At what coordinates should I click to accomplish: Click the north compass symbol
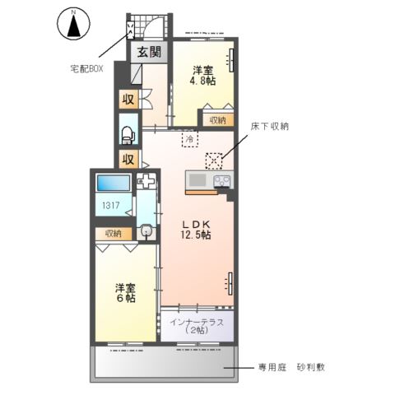(x=73, y=24)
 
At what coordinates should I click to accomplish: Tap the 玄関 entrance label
(x=149, y=53)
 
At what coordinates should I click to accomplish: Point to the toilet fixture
(x=128, y=132)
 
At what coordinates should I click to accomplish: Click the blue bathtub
(x=113, y=184)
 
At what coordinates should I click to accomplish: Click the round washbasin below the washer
(x=147, y=232)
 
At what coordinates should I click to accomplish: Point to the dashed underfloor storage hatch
(x=216, y=160)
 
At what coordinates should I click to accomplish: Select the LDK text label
(x=196, y=222)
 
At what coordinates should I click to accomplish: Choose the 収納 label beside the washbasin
(x=114, y=233)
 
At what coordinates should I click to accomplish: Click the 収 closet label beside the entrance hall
(x=128, y=100)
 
